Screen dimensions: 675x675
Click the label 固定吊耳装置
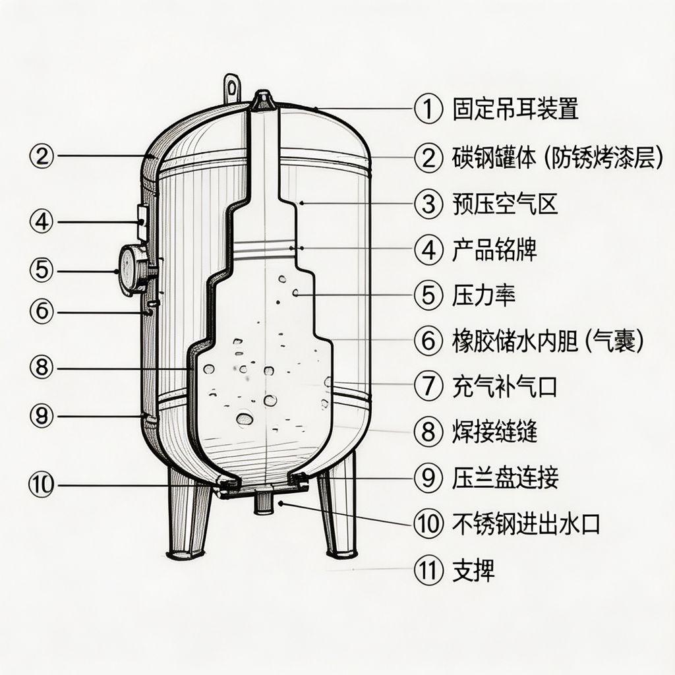[x=515, y=109]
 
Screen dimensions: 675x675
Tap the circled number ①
[x=428, y=109]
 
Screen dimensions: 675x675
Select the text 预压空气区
[x=505, y=204]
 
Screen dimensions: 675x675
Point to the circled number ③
[x=428, y=204]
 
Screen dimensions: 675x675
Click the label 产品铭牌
[x=494, y=250]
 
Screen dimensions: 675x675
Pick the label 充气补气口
[x=505, y=386]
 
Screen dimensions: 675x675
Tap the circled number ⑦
[x=428, y=386]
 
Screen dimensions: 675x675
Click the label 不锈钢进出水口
[x=526, y=524]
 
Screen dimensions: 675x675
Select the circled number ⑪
[x=428, y=570]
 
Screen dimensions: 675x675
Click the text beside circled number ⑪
[x=473, y=570]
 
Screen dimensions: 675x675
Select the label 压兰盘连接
[x=505, y=477]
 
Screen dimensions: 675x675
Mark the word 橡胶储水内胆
[x=515, y=341]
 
